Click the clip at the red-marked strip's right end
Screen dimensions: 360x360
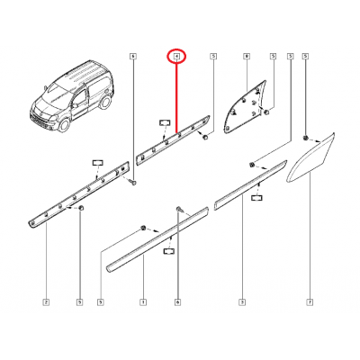tap(207, 138)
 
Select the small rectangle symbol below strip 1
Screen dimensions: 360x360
tap(167, 256)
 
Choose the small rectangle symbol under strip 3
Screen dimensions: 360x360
tap(257, 196)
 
